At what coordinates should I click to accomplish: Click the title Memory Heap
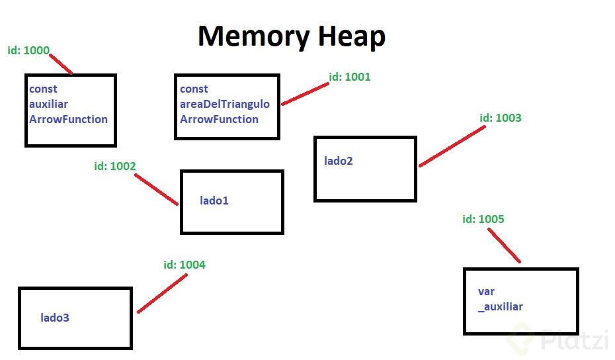291,36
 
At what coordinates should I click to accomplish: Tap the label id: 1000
28,51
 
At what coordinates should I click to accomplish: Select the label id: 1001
350,77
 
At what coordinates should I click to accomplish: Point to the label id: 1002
115,166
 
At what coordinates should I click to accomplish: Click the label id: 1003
500,118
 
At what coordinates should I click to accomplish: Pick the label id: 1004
184,265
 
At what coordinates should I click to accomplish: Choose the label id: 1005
483,219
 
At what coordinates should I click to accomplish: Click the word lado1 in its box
214,200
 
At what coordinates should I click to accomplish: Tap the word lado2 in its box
339,161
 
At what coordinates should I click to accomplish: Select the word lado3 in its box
55,318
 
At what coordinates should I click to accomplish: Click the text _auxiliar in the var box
501,306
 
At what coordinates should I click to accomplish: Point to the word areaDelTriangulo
225,104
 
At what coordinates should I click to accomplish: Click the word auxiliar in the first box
48,104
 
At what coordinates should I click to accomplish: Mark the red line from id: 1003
452,146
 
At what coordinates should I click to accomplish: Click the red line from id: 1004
163,292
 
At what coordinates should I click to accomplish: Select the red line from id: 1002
156,189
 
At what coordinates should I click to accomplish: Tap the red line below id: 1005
505,246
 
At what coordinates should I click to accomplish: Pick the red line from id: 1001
305,94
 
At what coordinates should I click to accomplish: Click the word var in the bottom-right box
486,291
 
